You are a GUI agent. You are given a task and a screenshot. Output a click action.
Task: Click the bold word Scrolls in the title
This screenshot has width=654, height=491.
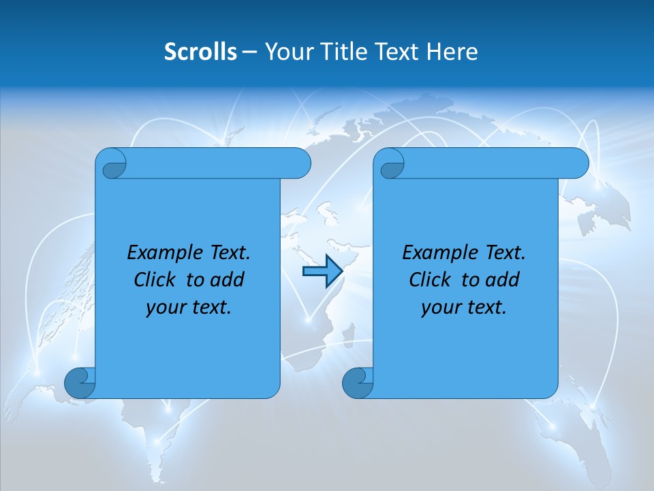pyautogui.click(x=200, y=52)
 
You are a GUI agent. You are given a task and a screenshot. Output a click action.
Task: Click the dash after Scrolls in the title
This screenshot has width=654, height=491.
pyautogui.click(x=250, y=52)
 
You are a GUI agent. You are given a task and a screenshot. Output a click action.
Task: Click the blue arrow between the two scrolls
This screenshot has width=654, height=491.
pyautogui.click(x=322, y=272)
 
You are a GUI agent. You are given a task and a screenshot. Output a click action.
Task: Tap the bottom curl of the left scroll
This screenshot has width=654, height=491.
pyautogui.click(x=80, y=383)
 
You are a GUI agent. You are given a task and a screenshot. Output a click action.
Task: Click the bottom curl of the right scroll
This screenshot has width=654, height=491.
pyautogui.click(x=358, y=383)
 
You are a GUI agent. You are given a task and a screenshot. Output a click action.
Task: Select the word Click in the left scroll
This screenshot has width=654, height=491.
pyautogui.click(x=154, y=280)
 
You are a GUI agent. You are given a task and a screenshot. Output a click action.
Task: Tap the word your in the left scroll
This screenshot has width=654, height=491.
pyautogui.click(x=165, y=308)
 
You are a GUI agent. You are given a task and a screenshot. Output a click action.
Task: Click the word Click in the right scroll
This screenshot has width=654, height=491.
pyautogui.click(x=429, y=280)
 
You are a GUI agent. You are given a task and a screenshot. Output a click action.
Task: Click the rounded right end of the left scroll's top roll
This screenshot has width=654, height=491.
pyautogui.click(x=300, y=164)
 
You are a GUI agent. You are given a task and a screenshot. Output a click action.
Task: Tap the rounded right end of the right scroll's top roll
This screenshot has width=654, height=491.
pyautogui.click(x=578, y=164)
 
